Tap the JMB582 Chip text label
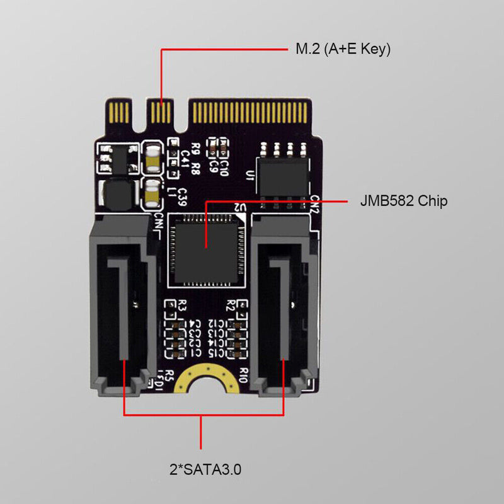403,202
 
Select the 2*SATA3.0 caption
202,469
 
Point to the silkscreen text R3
183,307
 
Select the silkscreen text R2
231,307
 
